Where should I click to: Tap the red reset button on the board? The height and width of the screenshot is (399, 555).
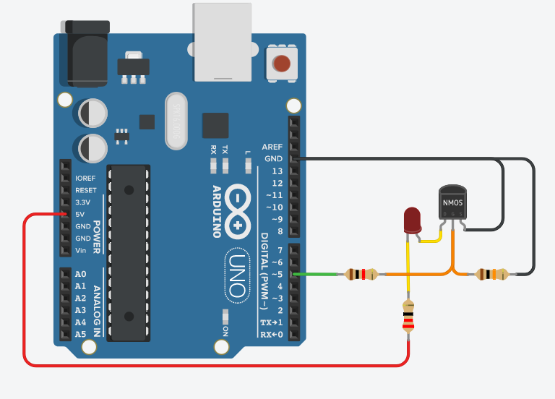point(281,63)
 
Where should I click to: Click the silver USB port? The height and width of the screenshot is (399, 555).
point(222,41)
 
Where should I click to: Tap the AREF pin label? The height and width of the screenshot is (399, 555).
point(272,147)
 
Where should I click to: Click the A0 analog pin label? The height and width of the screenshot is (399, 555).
point(80,274)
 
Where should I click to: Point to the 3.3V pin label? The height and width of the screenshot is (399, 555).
point(84,202)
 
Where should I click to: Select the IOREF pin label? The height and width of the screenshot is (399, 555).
point(86,178)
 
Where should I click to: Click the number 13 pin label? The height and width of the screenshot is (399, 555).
point(276,171)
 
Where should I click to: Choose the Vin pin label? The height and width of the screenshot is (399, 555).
point(81,251)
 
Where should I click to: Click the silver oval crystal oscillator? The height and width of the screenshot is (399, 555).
point(176,121)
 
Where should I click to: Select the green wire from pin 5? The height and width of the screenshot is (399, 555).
point(318,274)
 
